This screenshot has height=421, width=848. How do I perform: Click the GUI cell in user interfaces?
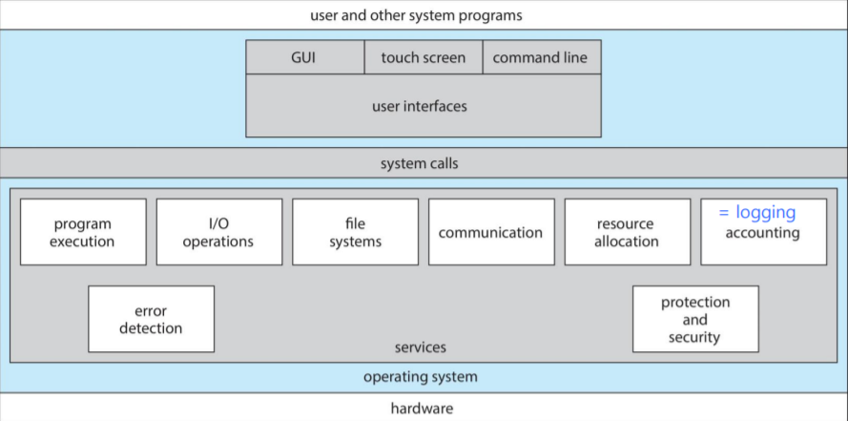point(303,57)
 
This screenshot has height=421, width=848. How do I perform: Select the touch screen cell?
point(424,57)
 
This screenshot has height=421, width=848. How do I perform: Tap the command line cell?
point(540,57)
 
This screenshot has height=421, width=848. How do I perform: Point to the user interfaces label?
point(420,106)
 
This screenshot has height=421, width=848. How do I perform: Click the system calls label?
point(420,163)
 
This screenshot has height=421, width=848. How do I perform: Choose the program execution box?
point(83,232)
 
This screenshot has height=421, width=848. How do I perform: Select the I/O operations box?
point(218,232)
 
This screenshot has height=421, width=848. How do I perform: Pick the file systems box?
point(355,232)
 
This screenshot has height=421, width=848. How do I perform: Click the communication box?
point(490,232)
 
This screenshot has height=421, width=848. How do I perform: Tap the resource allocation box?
point(627,232)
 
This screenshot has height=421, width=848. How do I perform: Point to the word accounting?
point(762,232)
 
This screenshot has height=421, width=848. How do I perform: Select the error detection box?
point(151,319)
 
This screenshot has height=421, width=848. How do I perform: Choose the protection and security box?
point(695,319)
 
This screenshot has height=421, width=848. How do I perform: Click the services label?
point(420,347)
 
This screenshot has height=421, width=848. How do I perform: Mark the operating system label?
point(420,377)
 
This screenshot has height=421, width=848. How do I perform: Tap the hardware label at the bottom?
point(422,409)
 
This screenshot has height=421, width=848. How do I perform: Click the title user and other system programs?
point(416,15)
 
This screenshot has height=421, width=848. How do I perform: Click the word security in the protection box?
point(695,337)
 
